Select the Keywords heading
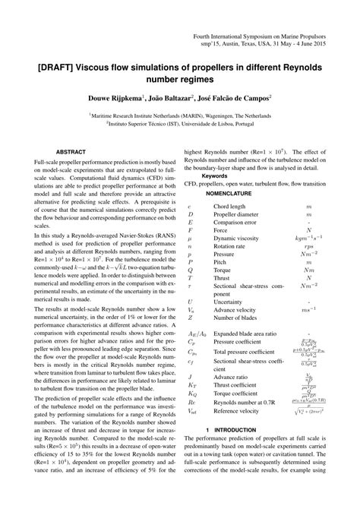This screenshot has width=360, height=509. coord(210,173)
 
